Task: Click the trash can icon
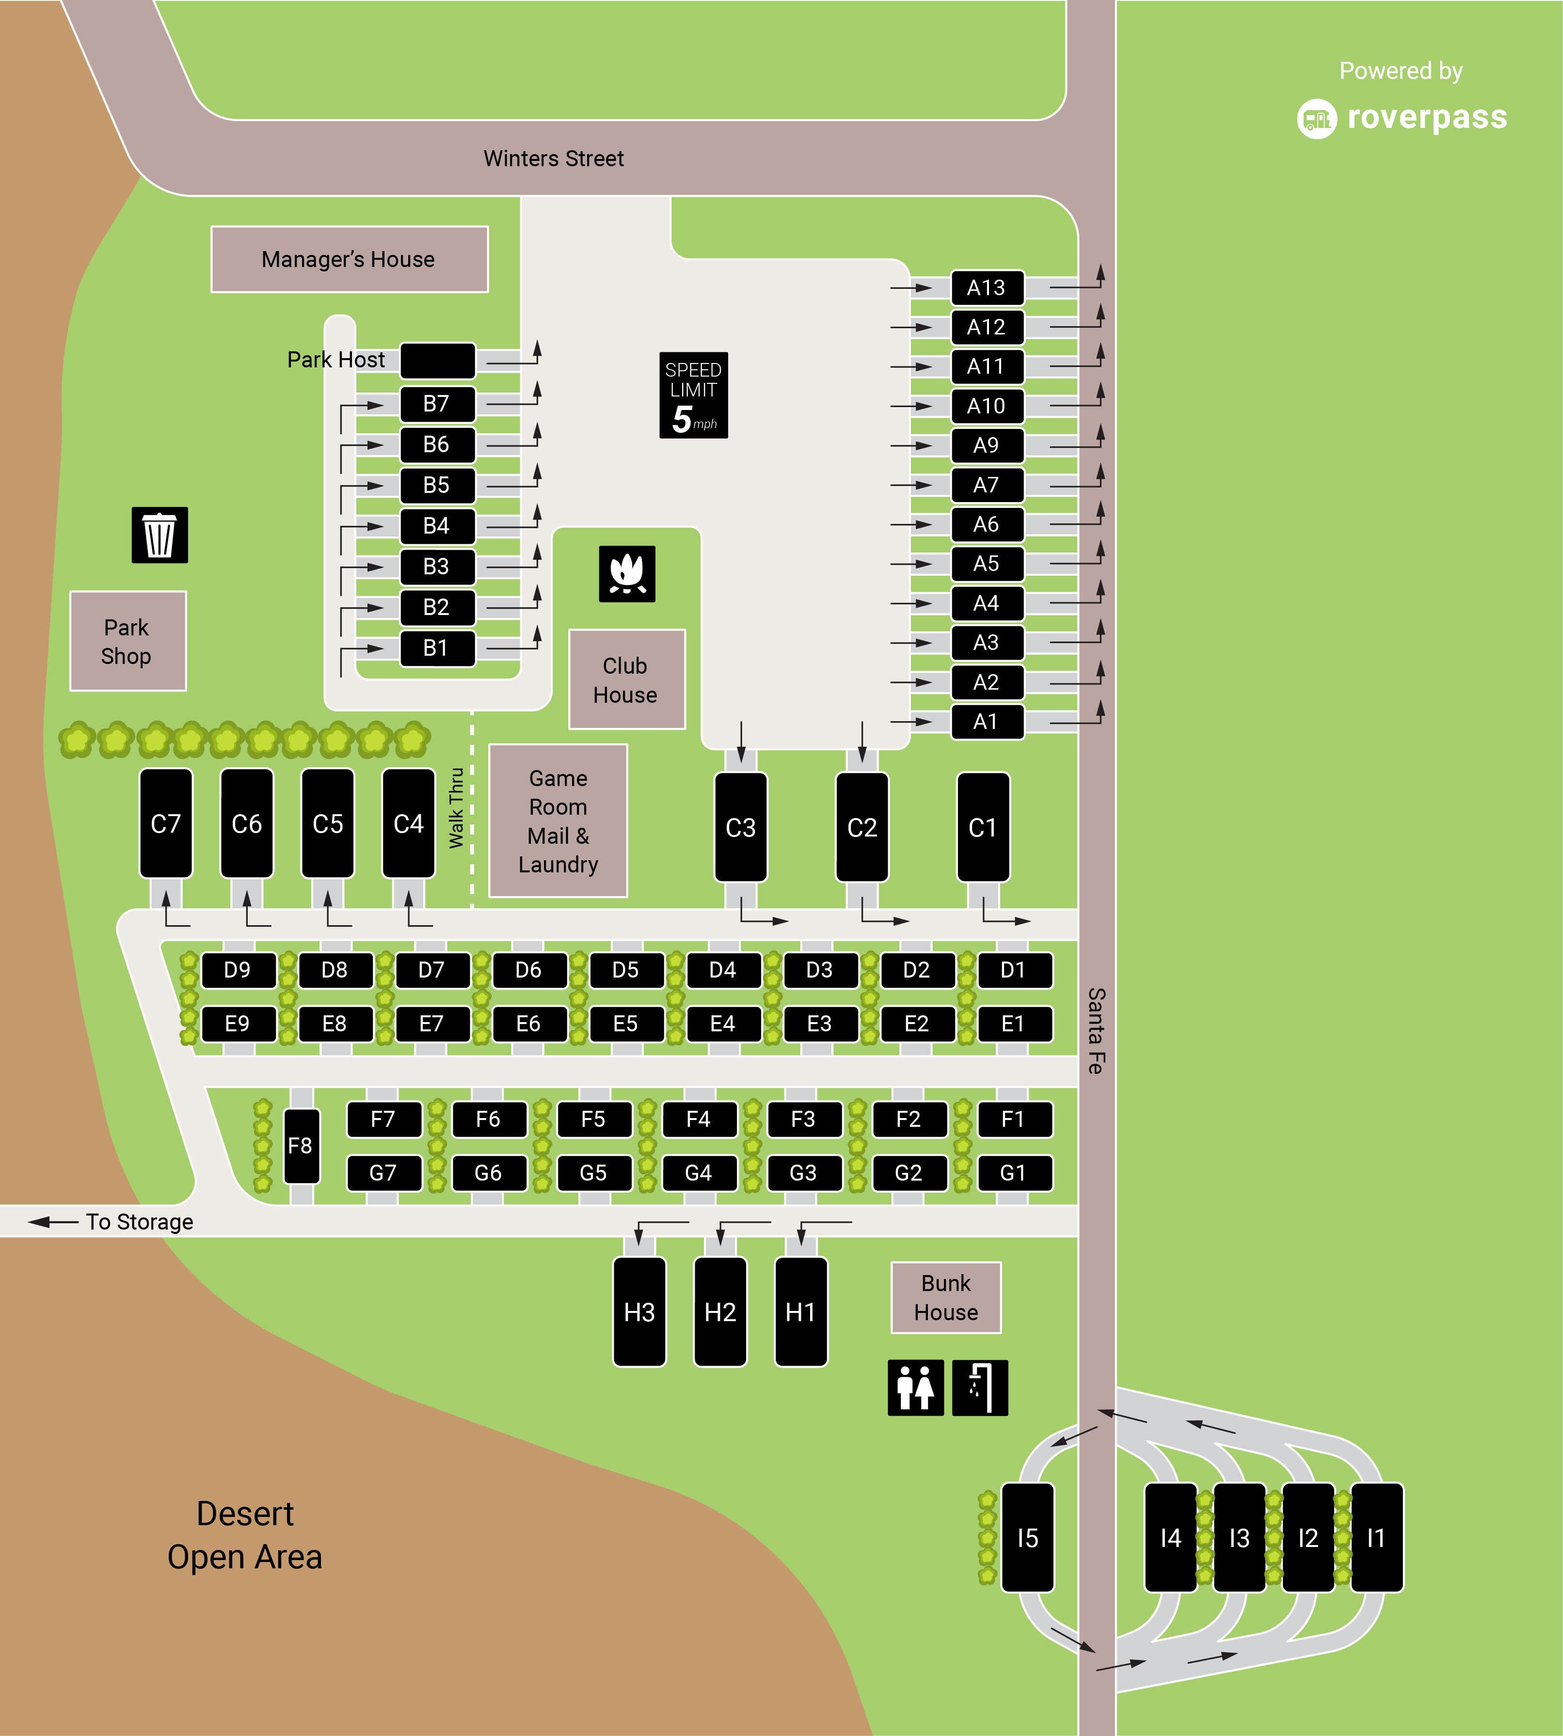coord(159,535)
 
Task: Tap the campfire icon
coord(627,573)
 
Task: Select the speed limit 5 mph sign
coord(693,395)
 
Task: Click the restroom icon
coord(915,1388)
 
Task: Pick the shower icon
coord(980,1388)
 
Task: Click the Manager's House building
coord(350,259)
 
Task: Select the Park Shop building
coord(128,641)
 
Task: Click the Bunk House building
coord(945,1297)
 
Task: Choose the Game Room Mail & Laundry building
coord(558,821)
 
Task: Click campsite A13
coord(987,287)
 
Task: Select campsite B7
coord(437,404)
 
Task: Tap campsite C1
coord(983,827)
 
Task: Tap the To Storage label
coord(139,1222)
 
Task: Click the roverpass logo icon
coord(1317,118)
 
